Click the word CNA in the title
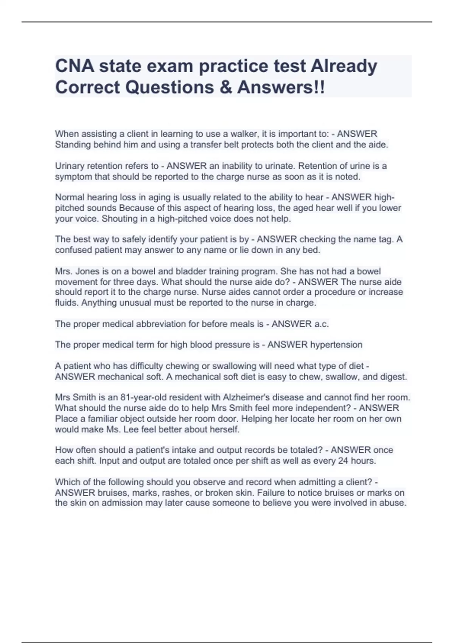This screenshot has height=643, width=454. point(74,66)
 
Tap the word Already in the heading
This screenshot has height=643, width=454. point(344,66)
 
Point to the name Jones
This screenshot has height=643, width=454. point(88,271)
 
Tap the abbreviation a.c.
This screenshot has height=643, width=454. point(322,324)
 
